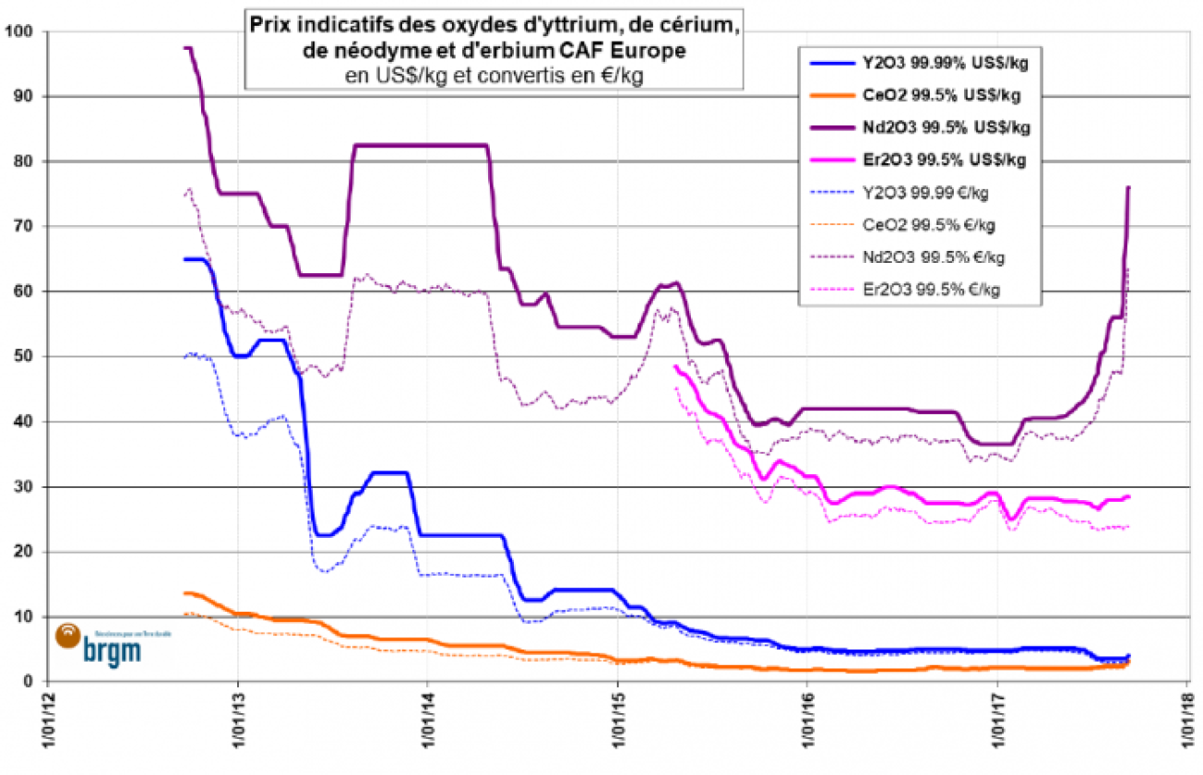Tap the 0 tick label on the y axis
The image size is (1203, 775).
point(27,682)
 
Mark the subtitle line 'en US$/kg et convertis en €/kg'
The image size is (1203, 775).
point(493,77)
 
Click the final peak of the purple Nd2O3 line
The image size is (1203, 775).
point(1128,187)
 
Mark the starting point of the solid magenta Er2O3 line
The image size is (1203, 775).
point(675,366)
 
